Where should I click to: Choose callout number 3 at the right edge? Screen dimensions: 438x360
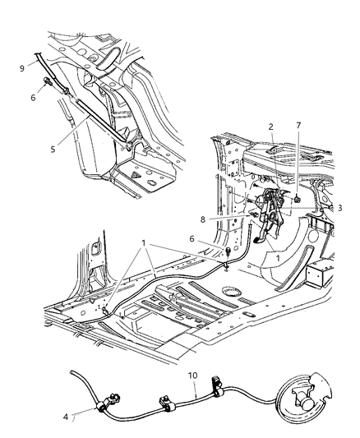tap(339, 208)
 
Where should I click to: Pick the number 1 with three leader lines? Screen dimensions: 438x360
tap(145, 244)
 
